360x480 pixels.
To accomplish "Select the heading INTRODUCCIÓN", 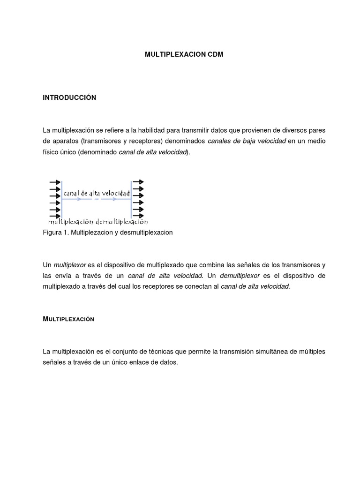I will [x=69, y=97].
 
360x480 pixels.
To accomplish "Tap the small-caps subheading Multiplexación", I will [x=68, y=319].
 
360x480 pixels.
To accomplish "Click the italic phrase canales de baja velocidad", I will [x=247, y=141].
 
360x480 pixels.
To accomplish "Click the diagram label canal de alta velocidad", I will [x=96, y=193].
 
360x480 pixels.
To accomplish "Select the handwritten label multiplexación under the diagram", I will [x=71, y=221].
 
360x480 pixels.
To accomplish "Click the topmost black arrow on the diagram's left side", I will [x=55, y=182].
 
